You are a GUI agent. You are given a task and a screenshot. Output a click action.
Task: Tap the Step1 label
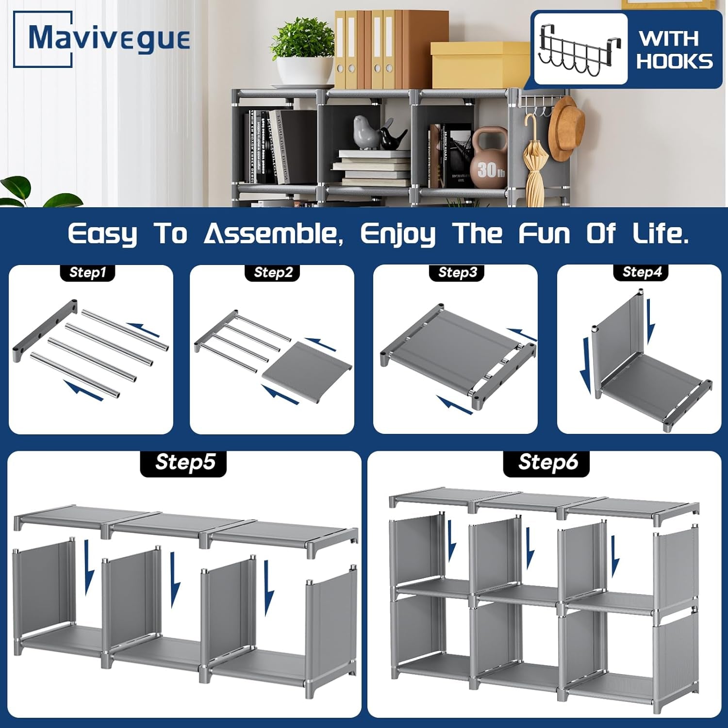click(x=87, y=272)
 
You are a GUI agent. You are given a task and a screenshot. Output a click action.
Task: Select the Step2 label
click(x=273, y=272)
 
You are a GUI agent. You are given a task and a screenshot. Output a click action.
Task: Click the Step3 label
click(x=457, y=272)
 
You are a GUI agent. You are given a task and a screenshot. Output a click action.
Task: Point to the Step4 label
click(x=642, y=272)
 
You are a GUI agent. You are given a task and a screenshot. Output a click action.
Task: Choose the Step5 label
click(x=184, y=462)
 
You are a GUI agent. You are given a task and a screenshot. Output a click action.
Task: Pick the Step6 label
click(x=547, y=462)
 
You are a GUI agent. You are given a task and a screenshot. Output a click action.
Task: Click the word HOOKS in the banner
click(x=675, y=62)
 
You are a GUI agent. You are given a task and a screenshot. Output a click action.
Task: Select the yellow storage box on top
click(x=478, y=66)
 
